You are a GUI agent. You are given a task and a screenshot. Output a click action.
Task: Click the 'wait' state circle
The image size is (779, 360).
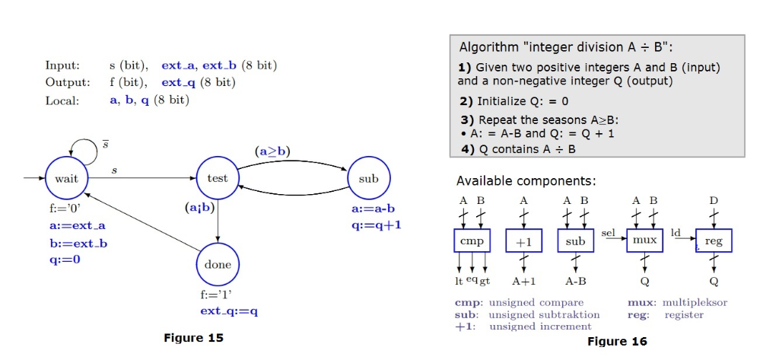[67, 178]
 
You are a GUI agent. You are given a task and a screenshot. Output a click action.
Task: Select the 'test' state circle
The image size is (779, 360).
[218, 178]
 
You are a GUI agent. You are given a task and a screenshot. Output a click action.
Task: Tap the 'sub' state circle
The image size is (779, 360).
[368, 178]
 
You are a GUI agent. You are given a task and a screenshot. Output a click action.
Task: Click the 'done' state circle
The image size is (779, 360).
[218, 265]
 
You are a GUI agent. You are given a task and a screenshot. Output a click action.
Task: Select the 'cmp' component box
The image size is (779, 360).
[472, 241]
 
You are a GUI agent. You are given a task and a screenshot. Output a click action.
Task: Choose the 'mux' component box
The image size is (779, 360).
[644, 241]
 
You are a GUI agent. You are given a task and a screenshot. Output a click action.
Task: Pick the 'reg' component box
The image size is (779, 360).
[714, 241]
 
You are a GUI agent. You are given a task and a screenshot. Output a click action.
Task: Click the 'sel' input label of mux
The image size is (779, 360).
[609, 228]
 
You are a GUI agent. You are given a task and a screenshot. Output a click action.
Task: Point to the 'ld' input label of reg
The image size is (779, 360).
[676, 229]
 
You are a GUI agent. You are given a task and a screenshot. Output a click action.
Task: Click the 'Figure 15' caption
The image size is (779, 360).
[194, 337]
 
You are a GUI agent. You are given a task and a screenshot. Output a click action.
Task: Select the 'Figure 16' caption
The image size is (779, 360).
[618, 341]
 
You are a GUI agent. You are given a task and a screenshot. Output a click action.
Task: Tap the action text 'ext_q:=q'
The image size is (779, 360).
[229, 311]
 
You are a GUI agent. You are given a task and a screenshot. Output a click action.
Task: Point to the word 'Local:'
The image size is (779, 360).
[62, 100]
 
